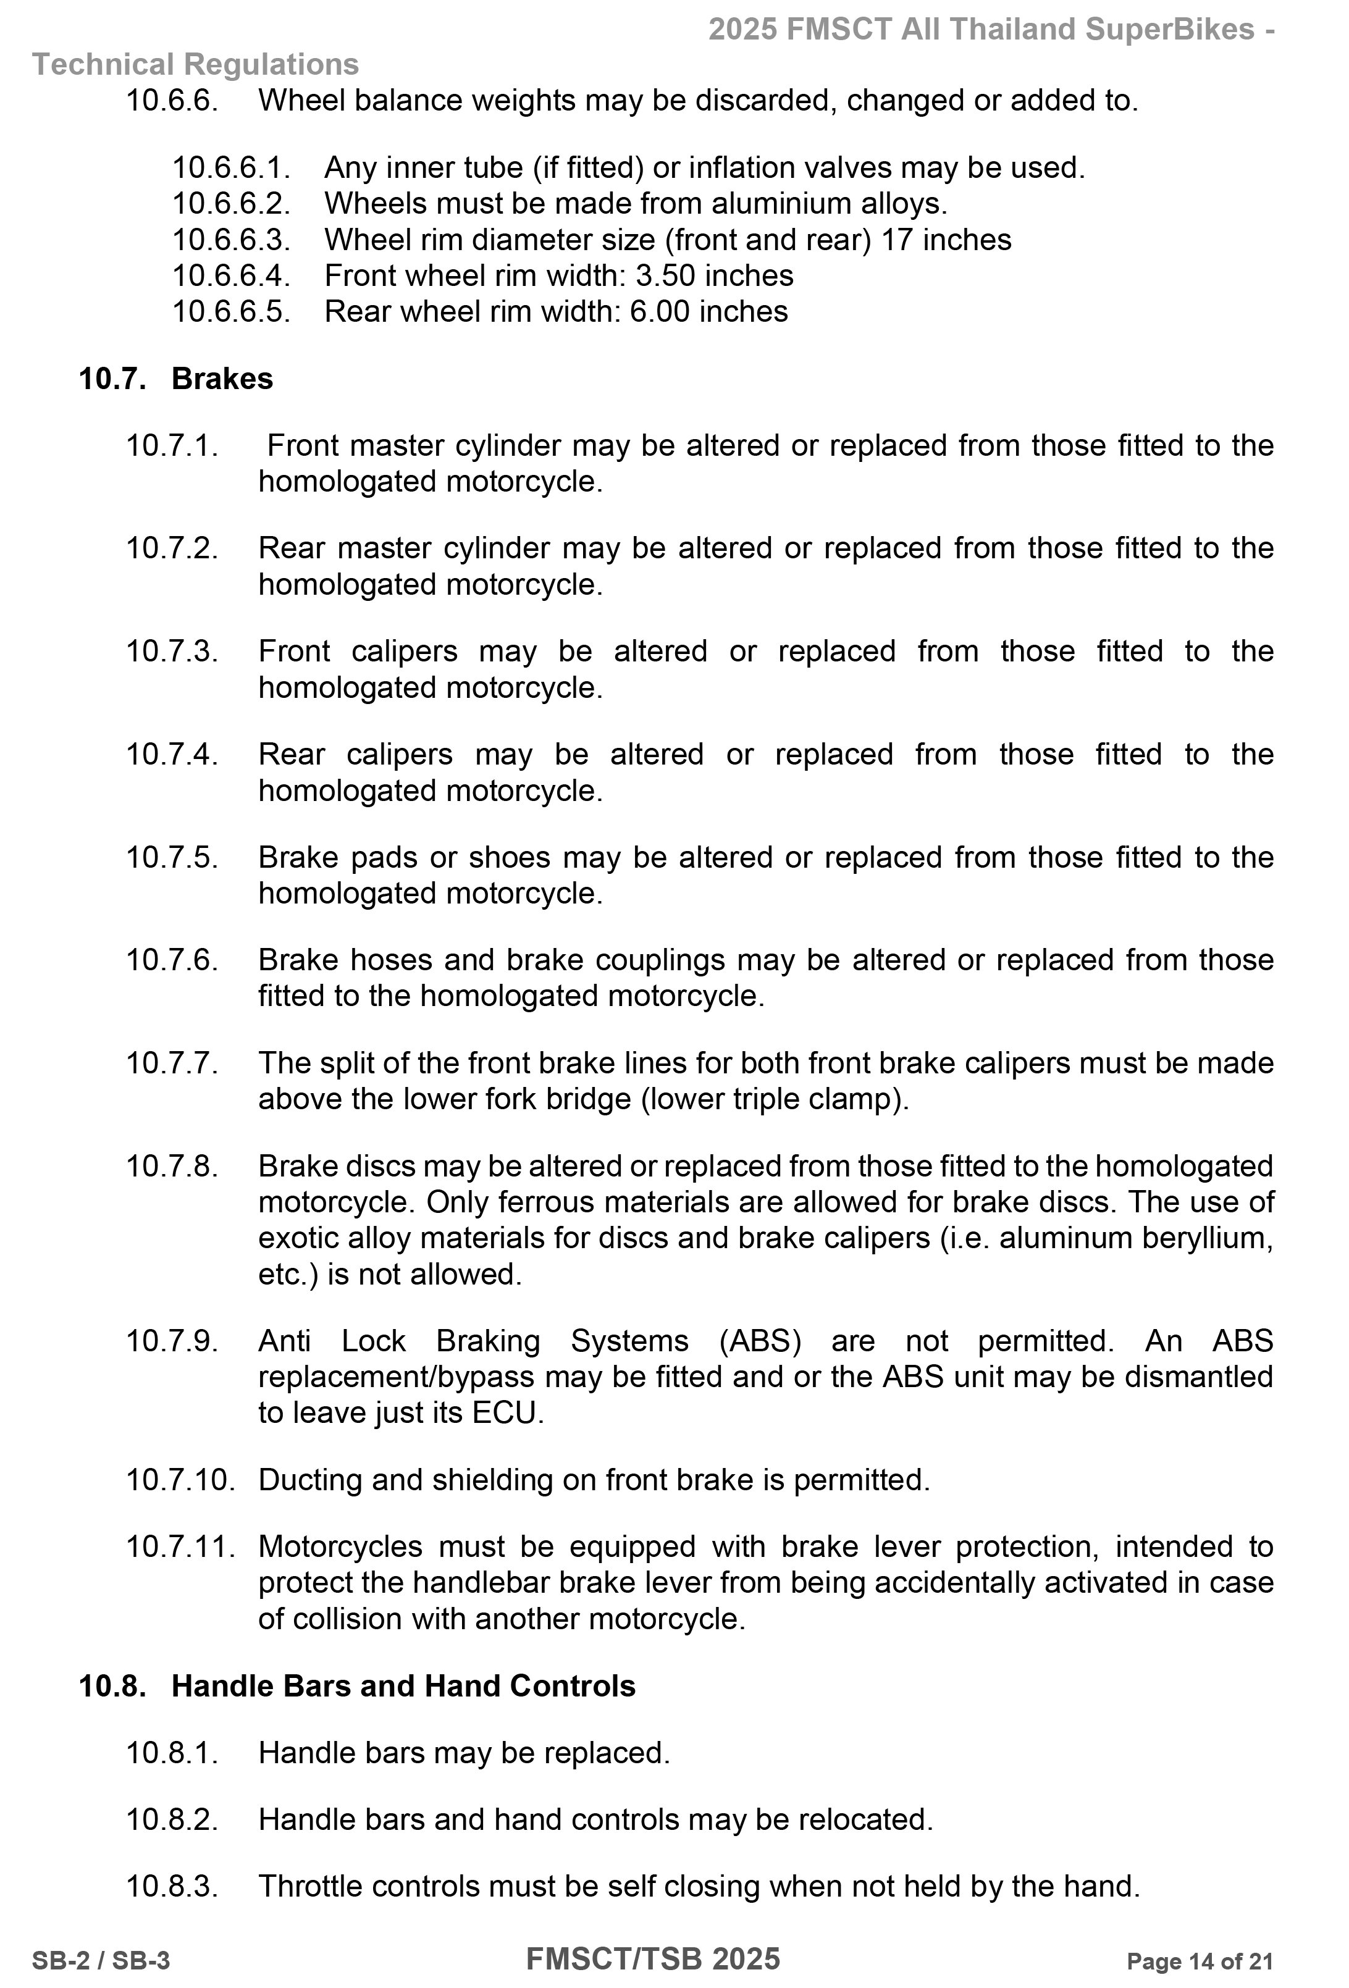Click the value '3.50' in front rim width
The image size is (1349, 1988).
point(665,275)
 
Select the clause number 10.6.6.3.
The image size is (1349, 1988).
point(231,240)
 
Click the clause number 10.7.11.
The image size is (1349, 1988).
point(180,1546)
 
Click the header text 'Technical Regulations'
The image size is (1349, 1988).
point(195,64)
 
